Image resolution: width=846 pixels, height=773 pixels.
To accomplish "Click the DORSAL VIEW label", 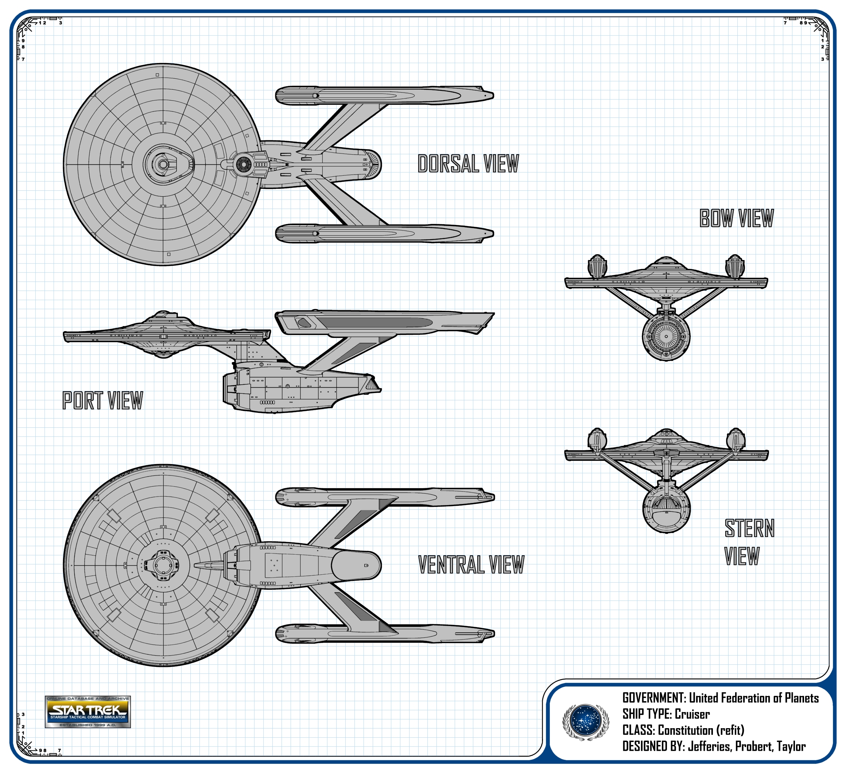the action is pyautogui.click(x=468, y=164).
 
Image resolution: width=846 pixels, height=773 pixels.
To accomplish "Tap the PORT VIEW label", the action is pyautogui.click(x=103, y=400).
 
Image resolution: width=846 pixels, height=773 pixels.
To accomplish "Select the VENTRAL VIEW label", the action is pyautogui.click(x=471, y=564).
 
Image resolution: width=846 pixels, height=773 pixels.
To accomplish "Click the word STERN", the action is pyautogui.click(x=749, y=528).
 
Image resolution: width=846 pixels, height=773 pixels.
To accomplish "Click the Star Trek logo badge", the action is pyautogui.click(x=88, y=712).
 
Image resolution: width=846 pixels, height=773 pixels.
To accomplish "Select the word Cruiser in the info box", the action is pyautogui.click(x=692, y=714).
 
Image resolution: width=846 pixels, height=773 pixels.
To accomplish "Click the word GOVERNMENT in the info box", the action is pyautogui.click(x=654, y=698).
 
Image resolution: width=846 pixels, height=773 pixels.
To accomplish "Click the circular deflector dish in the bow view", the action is pyautogui.click(x=666, y=336).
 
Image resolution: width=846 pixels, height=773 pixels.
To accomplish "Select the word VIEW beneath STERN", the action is pyautogui.click(x=742, y=556).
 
